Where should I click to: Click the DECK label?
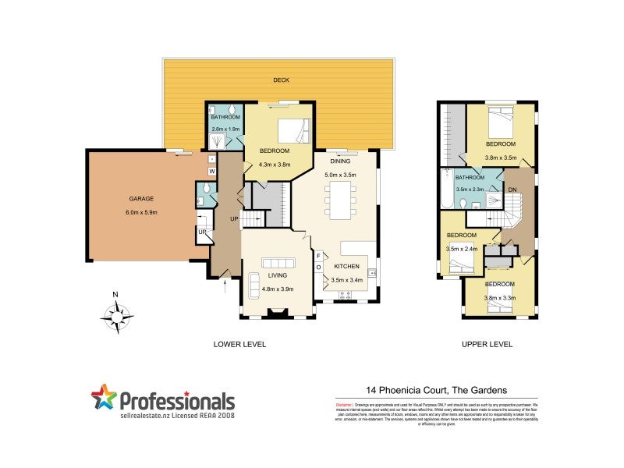tap(280, 80)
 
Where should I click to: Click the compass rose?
tap(116, 316)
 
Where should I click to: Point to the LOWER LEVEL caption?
tap(239, 344)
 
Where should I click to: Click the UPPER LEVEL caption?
tap(487, 344)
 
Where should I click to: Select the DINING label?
tap(339, 161)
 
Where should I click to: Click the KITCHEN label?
tap(346, 266)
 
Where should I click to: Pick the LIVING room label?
tap(277, 276)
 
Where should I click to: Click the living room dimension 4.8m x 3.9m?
tap(277, 288)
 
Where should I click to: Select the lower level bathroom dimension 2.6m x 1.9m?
tap(224, 129)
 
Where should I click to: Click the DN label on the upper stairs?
tap(512, 190)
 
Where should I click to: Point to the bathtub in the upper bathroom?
tap(448, 189)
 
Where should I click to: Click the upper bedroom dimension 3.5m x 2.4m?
tap(461, 248)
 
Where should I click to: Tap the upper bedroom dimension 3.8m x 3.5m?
tap(500, 157)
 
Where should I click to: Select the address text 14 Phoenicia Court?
tap(402, 389)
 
